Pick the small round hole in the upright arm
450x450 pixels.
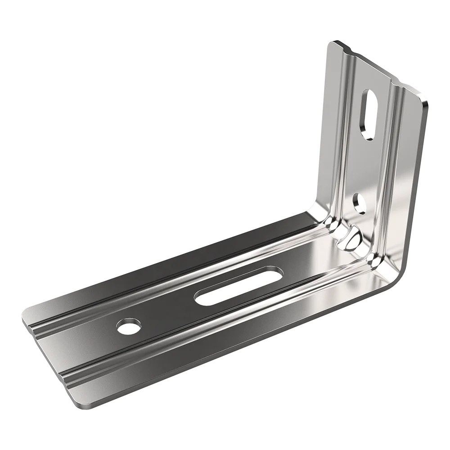point(359,202)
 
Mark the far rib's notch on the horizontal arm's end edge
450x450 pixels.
point(34,328)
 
